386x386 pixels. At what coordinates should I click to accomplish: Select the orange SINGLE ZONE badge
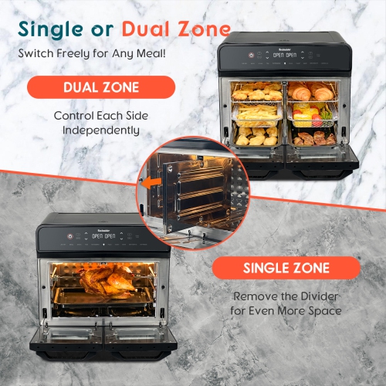286,269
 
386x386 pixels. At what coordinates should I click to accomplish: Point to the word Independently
96,130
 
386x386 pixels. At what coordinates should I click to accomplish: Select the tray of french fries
257,115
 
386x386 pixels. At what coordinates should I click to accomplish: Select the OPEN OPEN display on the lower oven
103,236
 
